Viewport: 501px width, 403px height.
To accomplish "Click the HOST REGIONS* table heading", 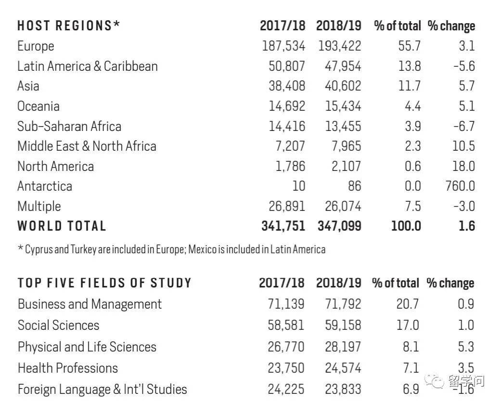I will (69, 26).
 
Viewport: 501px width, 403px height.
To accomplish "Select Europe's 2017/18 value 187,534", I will (283, 46).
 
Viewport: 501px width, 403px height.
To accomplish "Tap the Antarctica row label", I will (45, 186).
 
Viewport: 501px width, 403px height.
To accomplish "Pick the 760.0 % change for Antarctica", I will (460, 186).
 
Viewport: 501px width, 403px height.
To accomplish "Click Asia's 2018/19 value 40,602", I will (339, 86).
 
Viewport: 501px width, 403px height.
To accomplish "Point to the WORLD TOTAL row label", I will (62, 226).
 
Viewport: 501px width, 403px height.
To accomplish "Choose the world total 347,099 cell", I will (339, 226).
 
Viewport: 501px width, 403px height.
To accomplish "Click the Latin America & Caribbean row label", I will (88, 66).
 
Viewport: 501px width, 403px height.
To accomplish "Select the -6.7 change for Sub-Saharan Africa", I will (464, 126).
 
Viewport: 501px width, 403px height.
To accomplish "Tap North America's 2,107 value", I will (346, 167).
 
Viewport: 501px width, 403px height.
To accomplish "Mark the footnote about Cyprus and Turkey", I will (171, 249).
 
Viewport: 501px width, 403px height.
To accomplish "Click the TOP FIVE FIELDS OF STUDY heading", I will (104, 283).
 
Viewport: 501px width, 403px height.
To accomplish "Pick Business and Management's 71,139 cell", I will (286, 304).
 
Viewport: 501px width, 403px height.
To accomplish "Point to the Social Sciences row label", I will (58, 325).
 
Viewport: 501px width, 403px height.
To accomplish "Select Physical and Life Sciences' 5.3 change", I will (466, 347).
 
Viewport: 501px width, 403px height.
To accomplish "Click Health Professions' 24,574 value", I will (342, 368).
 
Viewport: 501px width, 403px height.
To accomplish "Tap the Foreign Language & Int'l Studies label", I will (102, 389).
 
